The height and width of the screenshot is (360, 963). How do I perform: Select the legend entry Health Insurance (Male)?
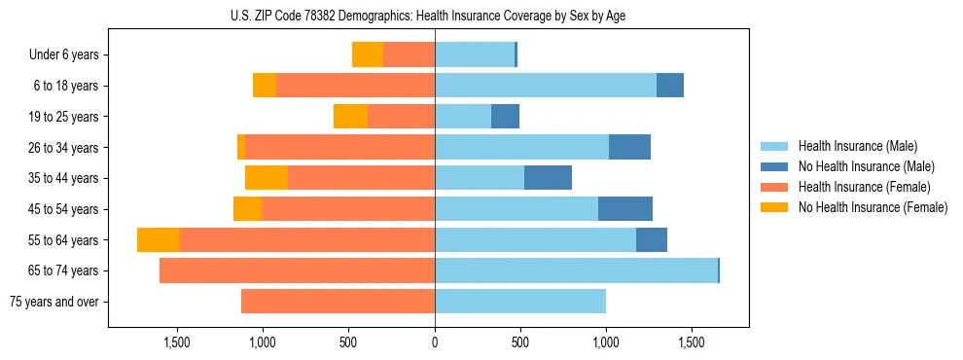851,146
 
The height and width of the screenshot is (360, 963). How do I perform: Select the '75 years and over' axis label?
54,302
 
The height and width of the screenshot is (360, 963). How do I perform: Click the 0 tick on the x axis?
435,342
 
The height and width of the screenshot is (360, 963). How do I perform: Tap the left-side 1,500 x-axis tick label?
177,342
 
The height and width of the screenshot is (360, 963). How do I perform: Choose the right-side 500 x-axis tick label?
520,342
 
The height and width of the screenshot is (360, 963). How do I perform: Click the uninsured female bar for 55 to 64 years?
159,240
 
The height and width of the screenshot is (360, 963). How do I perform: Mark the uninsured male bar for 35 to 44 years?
548,178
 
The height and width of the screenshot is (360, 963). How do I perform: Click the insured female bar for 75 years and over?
338,302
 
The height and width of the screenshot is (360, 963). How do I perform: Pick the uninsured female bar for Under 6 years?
368,54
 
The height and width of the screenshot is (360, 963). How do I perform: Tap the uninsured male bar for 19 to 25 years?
505,117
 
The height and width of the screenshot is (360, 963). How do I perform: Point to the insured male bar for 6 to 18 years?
546,86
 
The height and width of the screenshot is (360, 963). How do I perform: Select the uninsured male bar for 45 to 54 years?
625,209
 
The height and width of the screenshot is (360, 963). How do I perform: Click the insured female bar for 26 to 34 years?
339,147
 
